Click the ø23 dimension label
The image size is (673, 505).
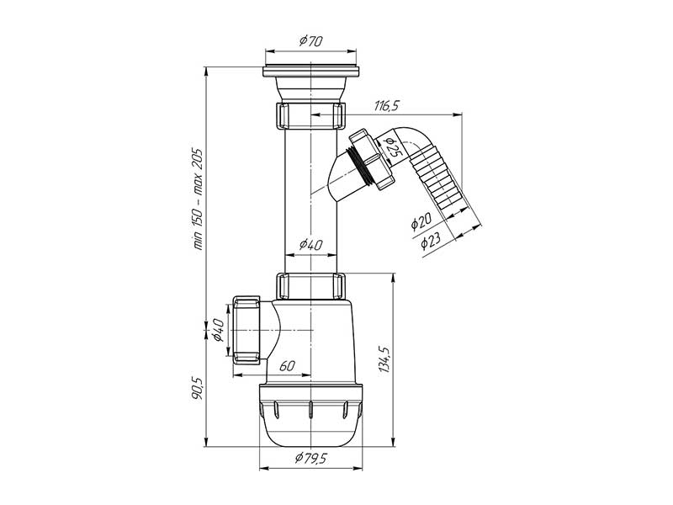(x=430, y=242)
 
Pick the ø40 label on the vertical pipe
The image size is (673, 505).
(x=310, y=245)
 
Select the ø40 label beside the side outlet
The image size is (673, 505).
(x=218, y=331)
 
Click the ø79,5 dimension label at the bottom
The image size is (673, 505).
(x=310, y=459)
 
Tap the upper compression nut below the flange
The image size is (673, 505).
(x=310, y=115)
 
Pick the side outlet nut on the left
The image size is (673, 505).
(x=245, y=329)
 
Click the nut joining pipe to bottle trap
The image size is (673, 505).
(x=311, y=285)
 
